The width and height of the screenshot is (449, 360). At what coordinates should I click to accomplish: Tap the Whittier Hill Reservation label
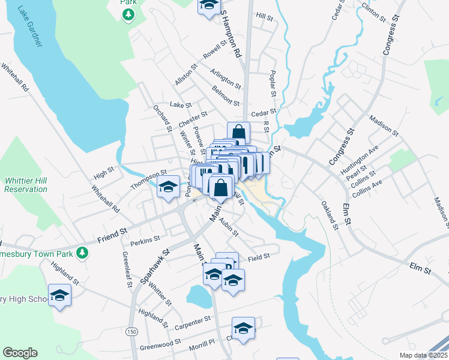click(26, 185)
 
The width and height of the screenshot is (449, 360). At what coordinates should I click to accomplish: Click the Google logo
click(20, 353)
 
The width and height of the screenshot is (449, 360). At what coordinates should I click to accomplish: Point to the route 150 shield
click(131, 331)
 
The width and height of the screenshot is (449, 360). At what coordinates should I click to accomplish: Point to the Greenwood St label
click(160, 344)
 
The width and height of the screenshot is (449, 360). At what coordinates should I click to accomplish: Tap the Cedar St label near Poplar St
click(264, 112)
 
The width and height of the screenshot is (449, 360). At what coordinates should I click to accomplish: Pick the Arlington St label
click(226, 79)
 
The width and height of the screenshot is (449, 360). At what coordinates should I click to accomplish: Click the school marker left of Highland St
click(59, 295)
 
